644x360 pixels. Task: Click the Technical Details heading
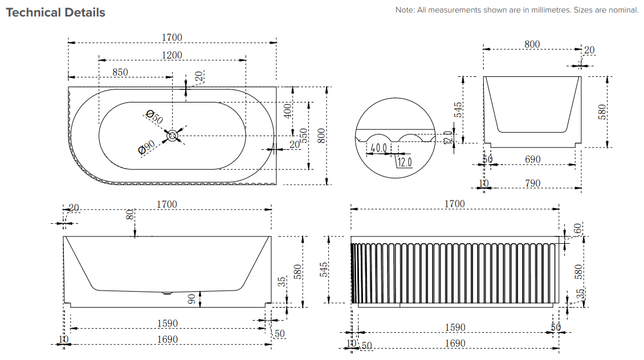pos(55,13)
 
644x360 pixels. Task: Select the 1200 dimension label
pos(172,55)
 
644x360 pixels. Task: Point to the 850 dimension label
pos(120,72)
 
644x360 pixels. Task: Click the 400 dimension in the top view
pos(288,109)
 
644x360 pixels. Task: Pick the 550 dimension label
pos(304,135)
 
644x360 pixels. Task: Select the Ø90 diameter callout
pos(147,149)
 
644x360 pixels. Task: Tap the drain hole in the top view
pos(172,136)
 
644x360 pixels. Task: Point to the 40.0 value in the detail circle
pos(379,148)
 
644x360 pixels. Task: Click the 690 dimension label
pos(532,159)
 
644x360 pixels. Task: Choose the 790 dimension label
pos(532,183)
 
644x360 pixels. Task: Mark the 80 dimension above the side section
pos(130,215)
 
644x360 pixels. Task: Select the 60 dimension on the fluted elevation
pos(577,228)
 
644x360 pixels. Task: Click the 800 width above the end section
pos(532,44)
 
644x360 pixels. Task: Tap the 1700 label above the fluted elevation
pos(454,203)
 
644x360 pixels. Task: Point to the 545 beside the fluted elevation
pos(324,269)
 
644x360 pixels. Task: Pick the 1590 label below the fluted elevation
pos(455,327)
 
